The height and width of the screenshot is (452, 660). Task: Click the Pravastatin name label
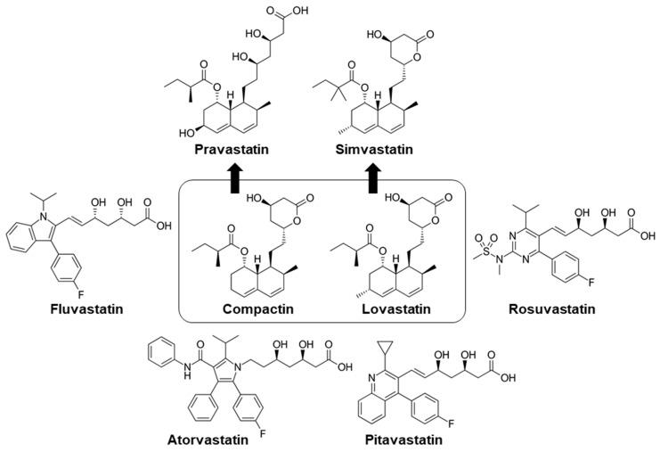(x=232, y=150)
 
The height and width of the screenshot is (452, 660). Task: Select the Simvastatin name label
(x=374, y=150)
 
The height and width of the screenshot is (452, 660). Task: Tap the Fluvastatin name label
(x=86, y=308)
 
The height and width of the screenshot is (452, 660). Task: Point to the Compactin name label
(x=258, y=308)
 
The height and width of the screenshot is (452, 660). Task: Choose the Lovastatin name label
(x=396, y=308)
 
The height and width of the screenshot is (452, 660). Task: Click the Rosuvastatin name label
(x=552, y=308)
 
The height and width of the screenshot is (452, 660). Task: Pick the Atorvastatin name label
(x=208, y=440)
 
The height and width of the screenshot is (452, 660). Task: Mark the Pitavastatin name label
(x=403, y=440)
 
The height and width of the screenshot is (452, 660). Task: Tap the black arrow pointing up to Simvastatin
(x=372, y=179)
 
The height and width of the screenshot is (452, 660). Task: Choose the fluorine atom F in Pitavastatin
(x=451, y=423)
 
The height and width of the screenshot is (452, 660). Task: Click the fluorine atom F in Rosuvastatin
(x=591, y=282)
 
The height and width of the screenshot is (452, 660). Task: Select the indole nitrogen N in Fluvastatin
(x=43, y=216)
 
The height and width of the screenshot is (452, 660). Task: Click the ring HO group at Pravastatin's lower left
(x=187, y=133)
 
